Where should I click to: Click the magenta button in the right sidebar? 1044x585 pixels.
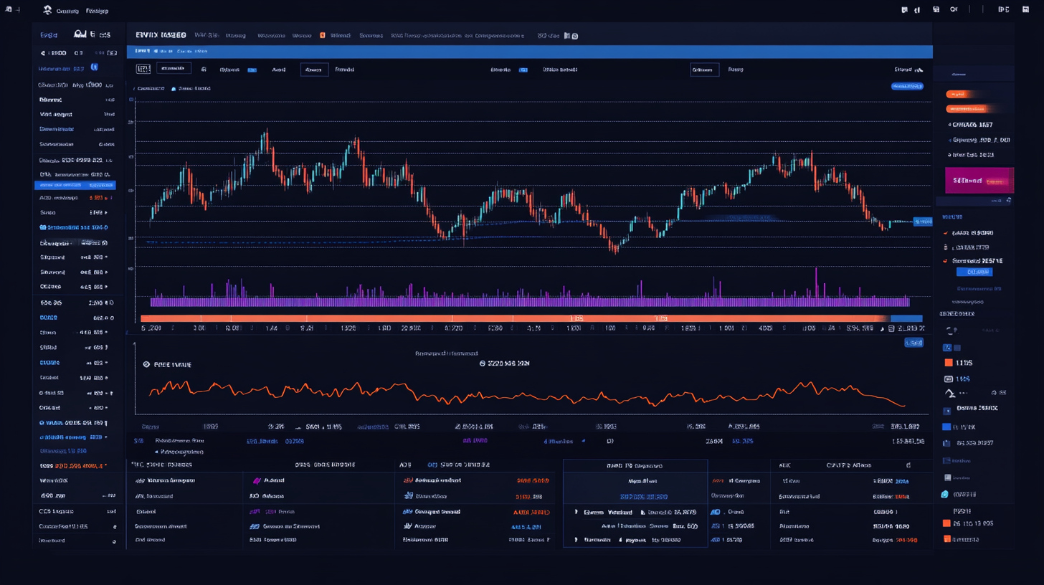click(x=979, y=181)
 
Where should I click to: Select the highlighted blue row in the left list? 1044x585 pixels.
click(x=75, y=185)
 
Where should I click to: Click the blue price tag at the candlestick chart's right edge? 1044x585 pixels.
click(x=922, y=222)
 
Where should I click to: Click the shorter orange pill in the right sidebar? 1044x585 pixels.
click(x=958, y=94)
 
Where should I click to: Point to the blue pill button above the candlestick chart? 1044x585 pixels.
click(x=906, y=86)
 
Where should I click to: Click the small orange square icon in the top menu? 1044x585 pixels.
click(x=323, y=34)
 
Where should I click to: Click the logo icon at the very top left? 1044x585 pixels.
click(x=47, y=10)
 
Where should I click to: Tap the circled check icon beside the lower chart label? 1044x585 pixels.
click(x=147, y=364)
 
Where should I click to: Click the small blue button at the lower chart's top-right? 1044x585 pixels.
click(x=913, y=343)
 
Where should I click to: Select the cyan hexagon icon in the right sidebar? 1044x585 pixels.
click(x=945, y=494)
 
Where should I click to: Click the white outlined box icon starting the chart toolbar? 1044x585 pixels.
click(x=143, y=69)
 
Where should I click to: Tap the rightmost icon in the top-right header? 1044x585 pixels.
click(x=1003, y=10)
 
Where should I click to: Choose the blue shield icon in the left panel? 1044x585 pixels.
click(x=94, y=67)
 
